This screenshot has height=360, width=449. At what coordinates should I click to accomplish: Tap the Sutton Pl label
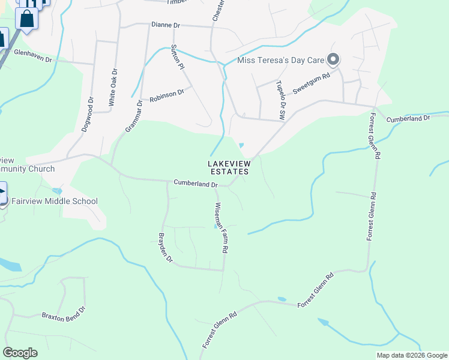(x=177, y=56)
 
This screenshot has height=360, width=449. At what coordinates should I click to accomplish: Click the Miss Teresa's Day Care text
(x=281, y=60)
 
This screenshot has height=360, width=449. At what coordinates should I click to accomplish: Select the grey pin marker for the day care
(x=333, y=59)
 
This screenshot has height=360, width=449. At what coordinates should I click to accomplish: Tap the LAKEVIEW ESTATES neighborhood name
(x=228, y=167)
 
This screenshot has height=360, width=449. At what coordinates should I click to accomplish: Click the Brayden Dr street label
(x=165, y=247)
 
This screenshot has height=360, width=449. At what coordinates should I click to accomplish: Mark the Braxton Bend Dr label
(x=64, y=313)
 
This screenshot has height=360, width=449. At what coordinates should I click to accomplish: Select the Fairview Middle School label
(x=55, y=201)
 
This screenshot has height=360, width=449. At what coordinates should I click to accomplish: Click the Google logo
(x=20, y=353)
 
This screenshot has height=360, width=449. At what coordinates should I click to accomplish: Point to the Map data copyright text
(x=411, y=355)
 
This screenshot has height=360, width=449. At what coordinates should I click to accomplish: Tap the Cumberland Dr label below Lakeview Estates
(x=195, y=183)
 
